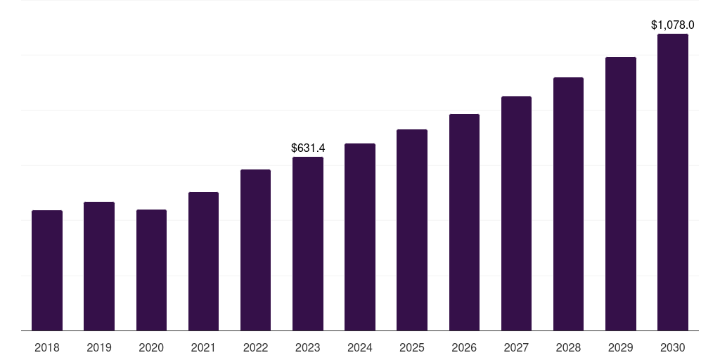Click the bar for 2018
47,271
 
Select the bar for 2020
151,270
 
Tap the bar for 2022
255,250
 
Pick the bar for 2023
308,244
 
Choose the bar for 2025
412,230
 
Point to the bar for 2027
516,214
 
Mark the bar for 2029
621,194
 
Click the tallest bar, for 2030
673,182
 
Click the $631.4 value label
308,148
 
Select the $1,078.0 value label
673,25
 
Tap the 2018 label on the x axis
47,347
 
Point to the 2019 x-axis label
99,347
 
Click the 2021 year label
203,347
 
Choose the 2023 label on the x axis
308,347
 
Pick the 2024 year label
360,347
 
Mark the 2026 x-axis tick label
464,347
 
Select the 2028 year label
568,347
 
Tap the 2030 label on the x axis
673,347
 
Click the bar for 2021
203,262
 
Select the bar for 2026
464,222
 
